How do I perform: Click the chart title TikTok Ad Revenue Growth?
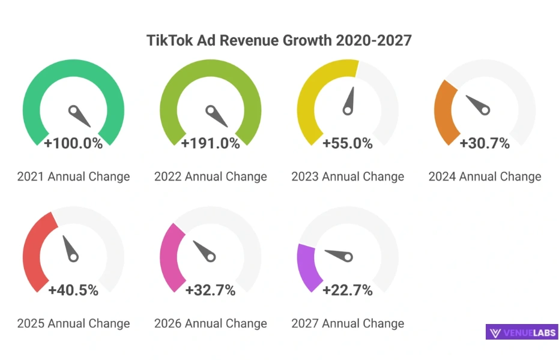[279, 41]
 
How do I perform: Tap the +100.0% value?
[73, 143]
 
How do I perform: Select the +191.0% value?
[210, 143]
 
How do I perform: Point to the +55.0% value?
[348, 143]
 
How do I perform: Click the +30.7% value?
[485, 143]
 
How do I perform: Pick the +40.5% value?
[73, 290]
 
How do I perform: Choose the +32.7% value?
[210, 290]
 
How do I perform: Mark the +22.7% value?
[348, 290]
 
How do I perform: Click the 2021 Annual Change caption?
[73, 176]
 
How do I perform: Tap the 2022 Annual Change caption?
[210, 176]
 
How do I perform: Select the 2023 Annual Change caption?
[348, 176]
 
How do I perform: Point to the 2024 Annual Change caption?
[485, 176]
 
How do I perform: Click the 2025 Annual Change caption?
[73, 323]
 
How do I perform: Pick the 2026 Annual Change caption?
[210, 323]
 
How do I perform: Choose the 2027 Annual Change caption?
[348, 323]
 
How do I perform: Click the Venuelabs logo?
[522, 332]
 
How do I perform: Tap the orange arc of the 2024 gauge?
[446, 113]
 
